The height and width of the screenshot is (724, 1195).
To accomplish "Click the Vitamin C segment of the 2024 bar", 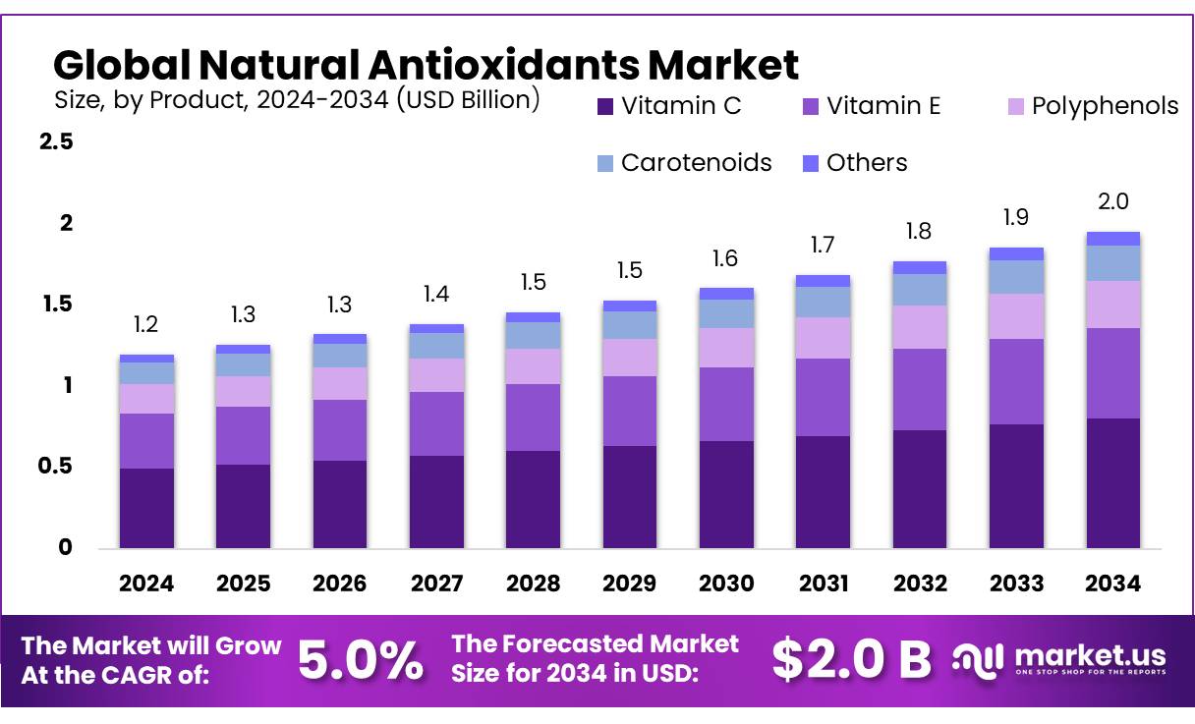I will click(x=146, y=508).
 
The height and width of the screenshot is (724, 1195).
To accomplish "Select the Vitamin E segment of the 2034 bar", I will click(x=1112, y=373).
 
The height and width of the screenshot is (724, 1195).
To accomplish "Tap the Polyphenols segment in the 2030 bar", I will click(x=726, y=348).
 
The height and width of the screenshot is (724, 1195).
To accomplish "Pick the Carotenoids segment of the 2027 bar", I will click(x=436, y=346).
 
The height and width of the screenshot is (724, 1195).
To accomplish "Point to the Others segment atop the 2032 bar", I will click(x=920, y=267).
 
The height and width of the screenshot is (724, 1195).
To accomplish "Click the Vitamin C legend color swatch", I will click(x=605, y=106).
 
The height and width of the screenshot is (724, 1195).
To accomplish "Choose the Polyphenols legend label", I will click(x=1105, y=106).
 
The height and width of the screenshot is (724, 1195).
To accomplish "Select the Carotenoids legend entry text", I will click(x=696, y=163).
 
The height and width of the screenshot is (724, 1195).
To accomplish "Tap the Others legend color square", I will click(x=811, y=163).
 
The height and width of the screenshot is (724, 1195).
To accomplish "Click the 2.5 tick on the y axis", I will click(x=55, y=142).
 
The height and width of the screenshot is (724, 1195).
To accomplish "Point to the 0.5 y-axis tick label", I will click(x=55, y=467).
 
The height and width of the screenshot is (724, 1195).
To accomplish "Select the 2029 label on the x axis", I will click(x=629, y=584).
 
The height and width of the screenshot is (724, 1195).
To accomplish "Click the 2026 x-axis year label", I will click(x=339, y=584).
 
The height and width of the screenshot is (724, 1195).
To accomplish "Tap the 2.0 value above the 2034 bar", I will click(x=1112, y=202).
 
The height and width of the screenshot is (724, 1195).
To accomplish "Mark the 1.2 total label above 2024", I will click(x=146, y=325).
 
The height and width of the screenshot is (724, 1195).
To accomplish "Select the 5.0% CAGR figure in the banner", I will click(x=361, y=660).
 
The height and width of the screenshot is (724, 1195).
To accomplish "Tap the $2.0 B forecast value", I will click(x=851, y=660).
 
